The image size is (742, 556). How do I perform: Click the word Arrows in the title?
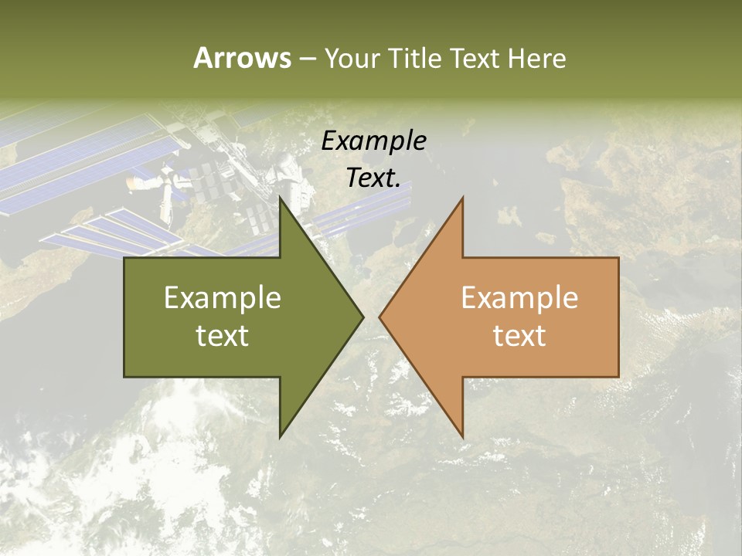(x=242, y=58)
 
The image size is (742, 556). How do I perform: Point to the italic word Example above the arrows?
(x=373, y=141)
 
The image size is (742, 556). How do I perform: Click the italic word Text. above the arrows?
(x=373, y=178)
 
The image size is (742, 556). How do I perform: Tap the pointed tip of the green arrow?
(x=362, y=317)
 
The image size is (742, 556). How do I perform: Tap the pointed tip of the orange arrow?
(x=380, y=317)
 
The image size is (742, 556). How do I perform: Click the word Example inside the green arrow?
(x=223, y=298)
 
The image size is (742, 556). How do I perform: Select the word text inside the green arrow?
(x=223, y=335)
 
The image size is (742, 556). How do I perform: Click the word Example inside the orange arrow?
(x=519, y=298)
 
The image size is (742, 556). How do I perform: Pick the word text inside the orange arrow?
(x=519, y=335)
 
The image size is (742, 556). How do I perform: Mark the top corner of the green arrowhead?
(x=280, y=198)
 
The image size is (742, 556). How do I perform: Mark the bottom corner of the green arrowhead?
(x=280, y=436)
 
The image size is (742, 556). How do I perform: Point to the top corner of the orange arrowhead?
(x=462, y=198)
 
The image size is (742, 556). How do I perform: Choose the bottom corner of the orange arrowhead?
(x=462, y=436)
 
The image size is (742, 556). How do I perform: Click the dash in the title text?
(x=307, y=59)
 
